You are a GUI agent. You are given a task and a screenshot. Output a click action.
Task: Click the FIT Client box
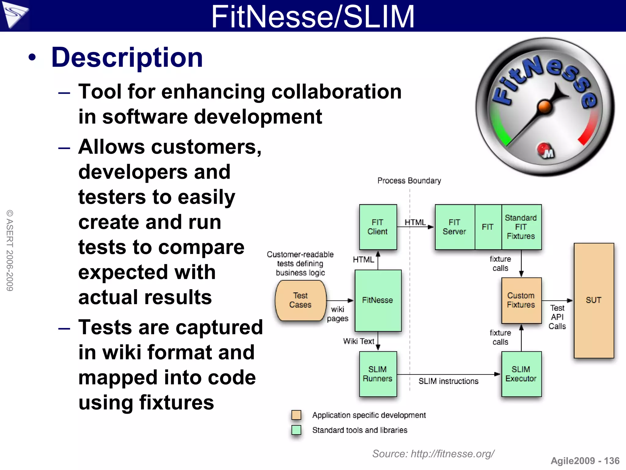click(378, 227)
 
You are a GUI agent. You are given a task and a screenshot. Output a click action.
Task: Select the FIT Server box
click(455, 227)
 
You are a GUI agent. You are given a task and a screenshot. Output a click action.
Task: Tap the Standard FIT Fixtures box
click(521, 227)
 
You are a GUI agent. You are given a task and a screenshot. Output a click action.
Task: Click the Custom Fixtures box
click(521, 300)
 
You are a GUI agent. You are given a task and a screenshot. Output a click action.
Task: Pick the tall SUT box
click(594, 300)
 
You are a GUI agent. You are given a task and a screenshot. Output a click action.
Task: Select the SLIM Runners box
click(378, 374)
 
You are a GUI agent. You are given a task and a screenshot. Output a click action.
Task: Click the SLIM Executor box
click(521, 374)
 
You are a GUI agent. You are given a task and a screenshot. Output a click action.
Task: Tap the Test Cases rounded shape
click(300, 300)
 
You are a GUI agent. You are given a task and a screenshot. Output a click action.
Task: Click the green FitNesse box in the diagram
click(378, 300)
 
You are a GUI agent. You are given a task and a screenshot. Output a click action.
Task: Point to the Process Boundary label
click(409, 181)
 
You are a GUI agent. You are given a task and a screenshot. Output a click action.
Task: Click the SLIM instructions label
click(448, 381)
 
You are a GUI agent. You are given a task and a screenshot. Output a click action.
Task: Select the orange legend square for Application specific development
click(296, 415)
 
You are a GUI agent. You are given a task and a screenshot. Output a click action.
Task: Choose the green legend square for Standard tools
click(296, 430)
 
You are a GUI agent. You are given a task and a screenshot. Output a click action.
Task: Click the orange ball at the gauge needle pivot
click(544, 107)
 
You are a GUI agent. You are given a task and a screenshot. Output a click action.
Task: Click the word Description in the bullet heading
click(127, 58)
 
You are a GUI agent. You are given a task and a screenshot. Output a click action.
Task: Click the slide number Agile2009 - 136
click(585, 461)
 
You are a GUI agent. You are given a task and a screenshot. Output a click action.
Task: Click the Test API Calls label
click(557, 317)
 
